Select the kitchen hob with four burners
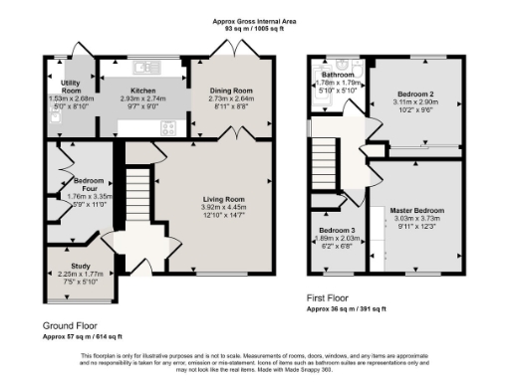(165, 126)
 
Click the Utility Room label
(70, 87)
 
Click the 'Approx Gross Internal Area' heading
(255, 19)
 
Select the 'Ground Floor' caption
(69, 325)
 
